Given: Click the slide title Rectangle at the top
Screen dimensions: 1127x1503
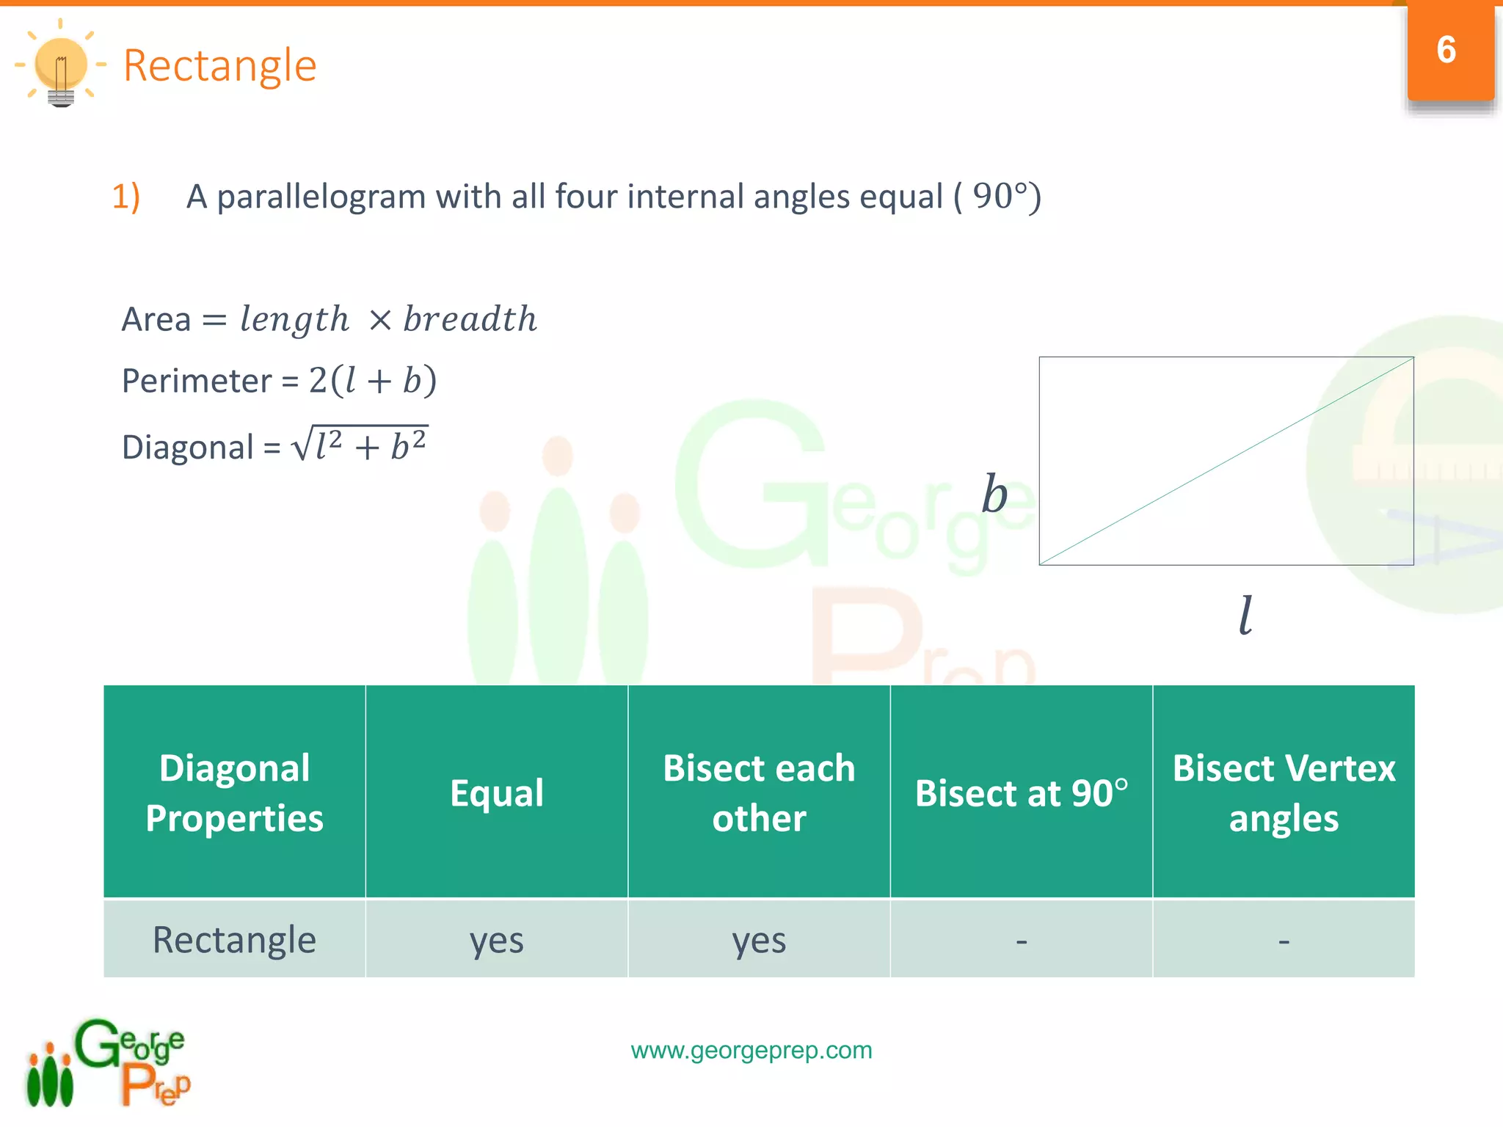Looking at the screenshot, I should point(219,66).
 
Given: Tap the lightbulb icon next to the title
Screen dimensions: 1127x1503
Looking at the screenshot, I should point(61,66).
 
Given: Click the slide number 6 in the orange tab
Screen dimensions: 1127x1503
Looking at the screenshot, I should point(1446,50).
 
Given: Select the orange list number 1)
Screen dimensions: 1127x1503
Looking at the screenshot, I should point(126,197).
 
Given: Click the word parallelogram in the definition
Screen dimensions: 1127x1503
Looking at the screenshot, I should point(321,197).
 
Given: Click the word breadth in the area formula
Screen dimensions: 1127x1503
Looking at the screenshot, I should point(470,319).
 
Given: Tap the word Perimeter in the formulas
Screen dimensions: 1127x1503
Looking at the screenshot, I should point(196,381).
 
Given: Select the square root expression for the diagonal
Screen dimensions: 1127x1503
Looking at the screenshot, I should point(360,445).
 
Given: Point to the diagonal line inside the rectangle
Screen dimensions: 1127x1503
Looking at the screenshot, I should point(1226,462).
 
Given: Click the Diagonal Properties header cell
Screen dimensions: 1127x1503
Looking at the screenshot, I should point(234,792).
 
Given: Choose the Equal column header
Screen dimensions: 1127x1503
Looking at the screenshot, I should point(497,792).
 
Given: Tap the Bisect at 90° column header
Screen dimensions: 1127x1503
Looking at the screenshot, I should point(1021,793).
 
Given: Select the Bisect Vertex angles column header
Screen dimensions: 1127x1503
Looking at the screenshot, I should point(1284,792).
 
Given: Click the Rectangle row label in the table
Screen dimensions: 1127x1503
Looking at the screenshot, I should point(234,940).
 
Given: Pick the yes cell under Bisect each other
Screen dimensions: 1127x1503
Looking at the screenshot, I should point(759,940).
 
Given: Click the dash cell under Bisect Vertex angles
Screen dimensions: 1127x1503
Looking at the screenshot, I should point(1284,940).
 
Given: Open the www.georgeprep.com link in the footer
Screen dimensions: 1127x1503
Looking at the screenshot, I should point(751,1050).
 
